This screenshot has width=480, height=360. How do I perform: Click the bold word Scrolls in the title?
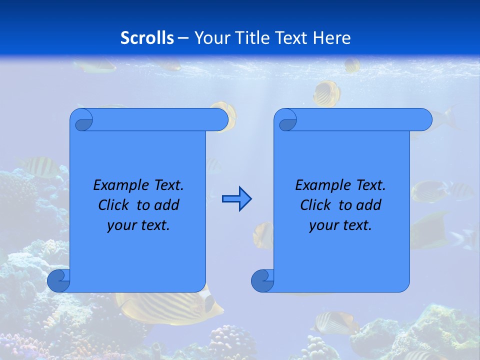147,38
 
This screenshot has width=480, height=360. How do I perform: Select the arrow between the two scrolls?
236,199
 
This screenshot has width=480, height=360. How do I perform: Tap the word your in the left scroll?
121,225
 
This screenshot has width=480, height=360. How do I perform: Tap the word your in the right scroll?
323,225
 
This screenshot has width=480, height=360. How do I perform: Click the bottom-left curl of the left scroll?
58,280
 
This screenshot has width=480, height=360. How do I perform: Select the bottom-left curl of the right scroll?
262,280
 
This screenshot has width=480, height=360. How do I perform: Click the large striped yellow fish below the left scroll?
170,306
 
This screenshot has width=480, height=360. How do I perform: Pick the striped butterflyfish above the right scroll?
327,93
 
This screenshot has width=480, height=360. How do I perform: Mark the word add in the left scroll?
167,205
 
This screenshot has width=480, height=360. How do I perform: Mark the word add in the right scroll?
369,205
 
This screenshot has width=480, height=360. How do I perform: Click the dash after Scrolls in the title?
182,38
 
